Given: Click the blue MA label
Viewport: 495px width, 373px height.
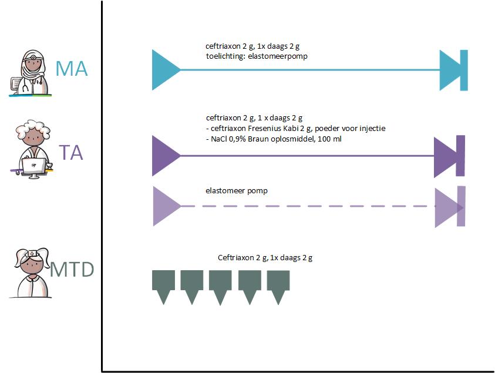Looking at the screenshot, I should pos(71,69).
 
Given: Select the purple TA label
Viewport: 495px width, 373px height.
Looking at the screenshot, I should pos(70,153).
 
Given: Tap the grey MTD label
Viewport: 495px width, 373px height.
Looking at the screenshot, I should pos(72,270).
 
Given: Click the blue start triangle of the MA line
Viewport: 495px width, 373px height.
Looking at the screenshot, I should pos(165,70).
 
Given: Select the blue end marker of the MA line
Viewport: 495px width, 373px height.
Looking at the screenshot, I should pos(454,70).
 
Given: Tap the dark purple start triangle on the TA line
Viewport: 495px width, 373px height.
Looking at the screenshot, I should pos(165,156).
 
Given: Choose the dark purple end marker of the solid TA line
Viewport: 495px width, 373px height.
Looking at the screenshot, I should pos(449,156).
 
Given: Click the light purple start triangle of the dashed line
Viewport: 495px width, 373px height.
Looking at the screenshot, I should pos(166,206).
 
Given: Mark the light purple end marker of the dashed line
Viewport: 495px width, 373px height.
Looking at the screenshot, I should pos(450,207).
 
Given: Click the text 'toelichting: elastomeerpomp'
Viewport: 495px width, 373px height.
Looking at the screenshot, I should pos(256,56).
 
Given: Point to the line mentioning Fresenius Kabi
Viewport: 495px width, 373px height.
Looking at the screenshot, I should pos(295,129).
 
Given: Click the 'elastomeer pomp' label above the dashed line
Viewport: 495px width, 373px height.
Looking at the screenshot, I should pos(237,191).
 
